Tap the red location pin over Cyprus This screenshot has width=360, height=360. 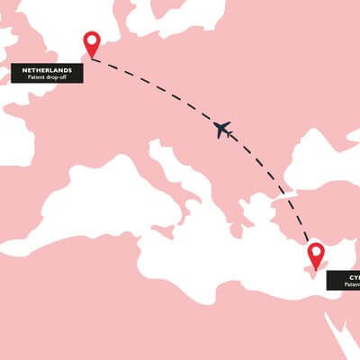tap(316, 254)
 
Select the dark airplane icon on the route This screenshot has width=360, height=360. tap(223, 130)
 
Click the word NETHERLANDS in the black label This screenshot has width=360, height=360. tap(48, 68)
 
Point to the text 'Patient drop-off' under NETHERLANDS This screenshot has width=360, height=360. tap(48, 76)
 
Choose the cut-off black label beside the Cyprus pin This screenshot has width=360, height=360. tap(343, 280)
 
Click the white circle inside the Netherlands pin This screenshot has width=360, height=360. tap(91, 40)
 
